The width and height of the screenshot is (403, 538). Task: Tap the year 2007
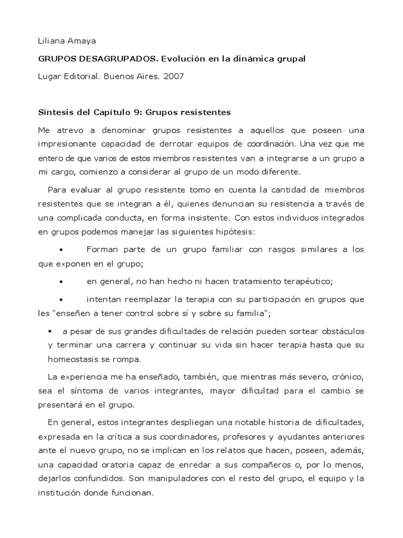[x=174, y=76]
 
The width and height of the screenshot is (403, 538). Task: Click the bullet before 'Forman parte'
[x=62, y=250]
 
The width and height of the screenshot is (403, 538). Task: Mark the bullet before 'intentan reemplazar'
[x=62, y=299]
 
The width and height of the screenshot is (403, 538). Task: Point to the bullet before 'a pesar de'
[x=50, y=332]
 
